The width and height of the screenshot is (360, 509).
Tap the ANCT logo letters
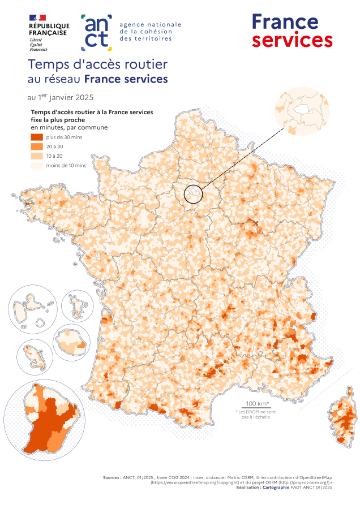point(97,31)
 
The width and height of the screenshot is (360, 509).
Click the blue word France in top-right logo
point(285,21)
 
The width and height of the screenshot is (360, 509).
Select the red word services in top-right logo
point(292,40)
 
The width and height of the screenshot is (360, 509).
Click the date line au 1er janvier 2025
point(61,97)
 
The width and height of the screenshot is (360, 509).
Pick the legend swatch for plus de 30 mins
point(37,137)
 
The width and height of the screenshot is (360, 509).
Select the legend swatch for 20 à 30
point(37,146)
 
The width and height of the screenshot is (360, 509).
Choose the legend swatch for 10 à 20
point(37,156)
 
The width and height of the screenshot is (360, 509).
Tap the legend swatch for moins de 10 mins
point(37,165)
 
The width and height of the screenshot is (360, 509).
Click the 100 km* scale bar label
point(256,403)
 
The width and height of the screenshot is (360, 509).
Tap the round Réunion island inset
point(71,342)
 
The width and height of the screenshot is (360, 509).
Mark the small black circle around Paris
point(193,194)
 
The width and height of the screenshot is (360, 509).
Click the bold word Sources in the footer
point(111,477)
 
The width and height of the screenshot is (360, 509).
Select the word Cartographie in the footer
point(277,486)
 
